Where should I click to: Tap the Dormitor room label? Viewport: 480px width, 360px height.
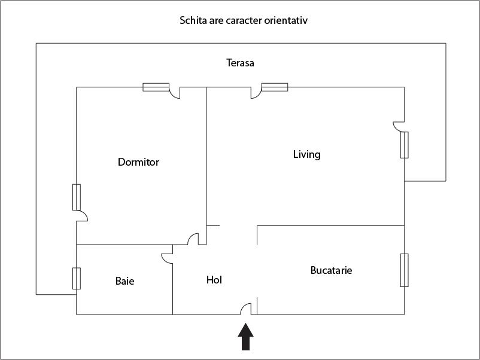(138, 162)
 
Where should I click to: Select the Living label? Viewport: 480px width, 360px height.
(306, 154)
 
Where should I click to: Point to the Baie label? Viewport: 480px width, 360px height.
(124, 280)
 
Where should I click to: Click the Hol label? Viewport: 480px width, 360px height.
(214, 279)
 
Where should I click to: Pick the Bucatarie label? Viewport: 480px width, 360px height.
(331, 270)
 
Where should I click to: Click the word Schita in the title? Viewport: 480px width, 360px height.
(193, 20)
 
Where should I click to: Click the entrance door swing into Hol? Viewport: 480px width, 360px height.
(246, 309)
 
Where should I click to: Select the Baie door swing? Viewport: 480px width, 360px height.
(167, 257)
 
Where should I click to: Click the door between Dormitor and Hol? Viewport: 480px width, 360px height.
(194, 239)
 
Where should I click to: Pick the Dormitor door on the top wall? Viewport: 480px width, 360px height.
(175, 93)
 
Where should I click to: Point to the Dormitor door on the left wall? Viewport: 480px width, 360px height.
(82, 216)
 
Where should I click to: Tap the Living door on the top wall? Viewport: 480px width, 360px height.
(256, 93)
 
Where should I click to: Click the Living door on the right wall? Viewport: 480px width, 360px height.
(399, 126)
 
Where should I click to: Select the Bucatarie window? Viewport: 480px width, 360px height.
(405, 270)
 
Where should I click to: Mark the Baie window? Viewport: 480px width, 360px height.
(77, 278)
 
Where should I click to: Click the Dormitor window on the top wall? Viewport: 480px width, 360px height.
(156, 87)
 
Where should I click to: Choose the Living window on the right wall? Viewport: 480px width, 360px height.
(405, 145)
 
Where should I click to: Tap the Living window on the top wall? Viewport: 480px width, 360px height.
(275, 87)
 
